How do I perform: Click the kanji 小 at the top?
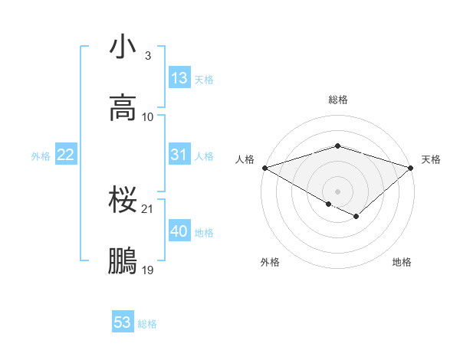tap(123, 48)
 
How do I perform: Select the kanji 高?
tap(123, 108)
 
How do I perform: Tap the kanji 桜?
tap(123, 201)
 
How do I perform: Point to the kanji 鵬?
tap(123, 261)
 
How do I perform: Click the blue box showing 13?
tap(179, 78)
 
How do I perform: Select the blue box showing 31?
tap(179, 155)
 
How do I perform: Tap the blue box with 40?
tap(179, 231)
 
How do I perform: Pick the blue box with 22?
tap(66, 155)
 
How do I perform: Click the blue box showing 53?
tap(123, 322)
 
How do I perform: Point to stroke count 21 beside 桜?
tap(149, 208)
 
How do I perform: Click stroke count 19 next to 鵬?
tap(149, 270)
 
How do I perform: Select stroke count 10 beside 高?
tap(149, 116)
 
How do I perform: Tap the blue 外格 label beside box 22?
tap(41, 155)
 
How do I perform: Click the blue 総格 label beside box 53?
tap(147, 323)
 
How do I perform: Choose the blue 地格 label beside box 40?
tap(204, 232)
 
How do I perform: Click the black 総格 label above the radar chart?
tap(337, 100)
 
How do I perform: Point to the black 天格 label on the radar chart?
tap(431, 159)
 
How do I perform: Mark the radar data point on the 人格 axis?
tap(264, 167)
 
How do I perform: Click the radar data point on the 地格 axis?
tap(356, 217)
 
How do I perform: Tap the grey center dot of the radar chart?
tap(337, 191)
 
